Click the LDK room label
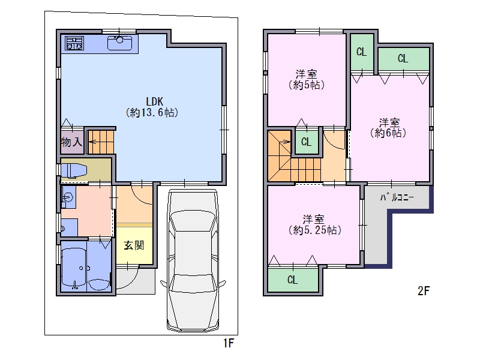pyautogui.click(x=155, y=101)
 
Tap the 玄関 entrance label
pyautogui.click(x=134, y=245)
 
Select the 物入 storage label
pyautogui.click(x=71, y=142)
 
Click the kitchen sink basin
pyautogui.click(x=119, y=43)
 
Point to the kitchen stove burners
pyautogui.click(x=74, y=43)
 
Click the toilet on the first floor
pyautogui.click(x=74, y=170)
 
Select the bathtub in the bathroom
pyautogui.click(x=74, y=267)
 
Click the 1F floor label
pyautogui.click(x=229, y=343)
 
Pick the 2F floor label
pyautogui.click(x=424, y=291)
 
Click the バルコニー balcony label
pyautogui.click(x=397, y=197)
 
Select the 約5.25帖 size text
pyautogui.click(x=314, y=230)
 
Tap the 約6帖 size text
pyautogui.click(x=388, y=133)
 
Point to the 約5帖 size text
pyautogui.click(x=307, y=85)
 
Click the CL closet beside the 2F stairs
pyautogui.click(x=307, y=142)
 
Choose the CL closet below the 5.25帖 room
pyautogui.click(x=293, y=280)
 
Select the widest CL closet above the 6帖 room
pyautogui.click(x=403, y=58)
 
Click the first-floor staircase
pyautogui.click(x=101, y=142)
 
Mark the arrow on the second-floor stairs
pyautogui.click(x=284, y=142)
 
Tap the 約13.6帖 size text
pyautogui.click(x=152, y=113)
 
